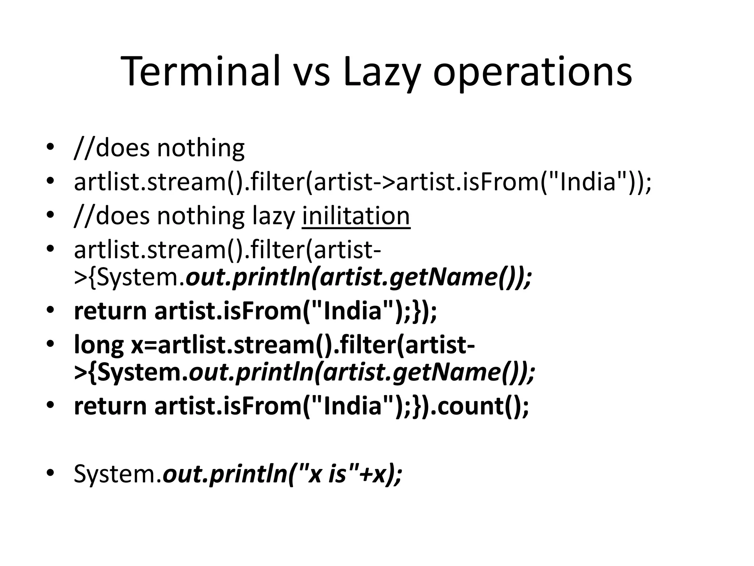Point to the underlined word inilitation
point(356,216)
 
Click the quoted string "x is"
point(324,474)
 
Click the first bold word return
point(110,311)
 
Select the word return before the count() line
point(110,406)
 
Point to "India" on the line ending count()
point(350,406)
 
